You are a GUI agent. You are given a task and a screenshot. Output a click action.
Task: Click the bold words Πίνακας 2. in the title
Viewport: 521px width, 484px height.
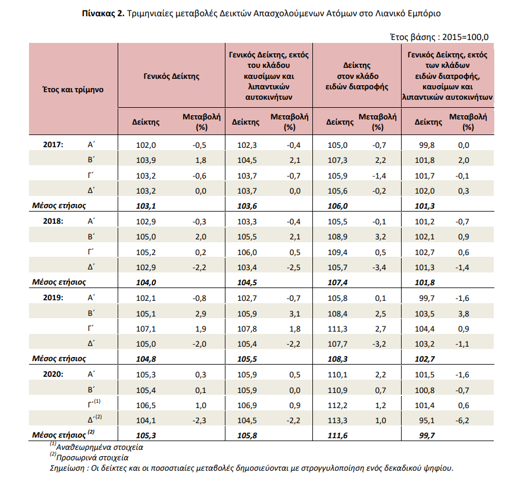103,14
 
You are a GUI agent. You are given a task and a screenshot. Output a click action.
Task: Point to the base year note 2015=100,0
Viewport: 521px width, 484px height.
465,37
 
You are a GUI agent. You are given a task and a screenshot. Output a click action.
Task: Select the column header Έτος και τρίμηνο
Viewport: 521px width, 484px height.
73,90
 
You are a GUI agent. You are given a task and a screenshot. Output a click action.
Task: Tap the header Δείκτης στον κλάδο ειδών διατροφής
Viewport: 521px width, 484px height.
357,76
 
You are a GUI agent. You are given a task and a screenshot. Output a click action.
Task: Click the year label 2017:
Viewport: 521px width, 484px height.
53,144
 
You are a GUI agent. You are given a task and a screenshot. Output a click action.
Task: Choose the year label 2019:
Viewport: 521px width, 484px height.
53,297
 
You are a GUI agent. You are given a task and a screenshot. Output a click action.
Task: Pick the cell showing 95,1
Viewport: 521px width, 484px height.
427,420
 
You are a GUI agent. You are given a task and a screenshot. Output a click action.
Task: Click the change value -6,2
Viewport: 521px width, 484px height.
462,420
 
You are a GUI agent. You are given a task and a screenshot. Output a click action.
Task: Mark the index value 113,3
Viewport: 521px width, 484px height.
338,420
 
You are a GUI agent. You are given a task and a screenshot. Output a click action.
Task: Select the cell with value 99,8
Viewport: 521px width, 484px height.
427,145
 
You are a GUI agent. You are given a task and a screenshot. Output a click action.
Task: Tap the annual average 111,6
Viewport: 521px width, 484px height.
338,435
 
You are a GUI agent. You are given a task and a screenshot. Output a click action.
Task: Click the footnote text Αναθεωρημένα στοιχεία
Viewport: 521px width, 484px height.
100,447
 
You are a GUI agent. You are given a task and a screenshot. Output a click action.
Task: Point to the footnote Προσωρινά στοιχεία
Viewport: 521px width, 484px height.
92,458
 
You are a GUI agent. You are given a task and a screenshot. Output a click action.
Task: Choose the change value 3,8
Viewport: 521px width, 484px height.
464,314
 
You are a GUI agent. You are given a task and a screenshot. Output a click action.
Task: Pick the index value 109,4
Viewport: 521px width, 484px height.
338,252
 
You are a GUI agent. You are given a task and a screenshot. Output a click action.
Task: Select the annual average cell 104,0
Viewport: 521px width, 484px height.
146,282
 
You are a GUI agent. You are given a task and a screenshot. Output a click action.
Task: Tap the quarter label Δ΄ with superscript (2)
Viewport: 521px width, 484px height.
94,419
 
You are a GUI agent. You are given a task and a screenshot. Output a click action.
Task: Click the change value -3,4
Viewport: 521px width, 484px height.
379,268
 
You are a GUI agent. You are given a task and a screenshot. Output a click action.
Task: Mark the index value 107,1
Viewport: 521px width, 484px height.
146,329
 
